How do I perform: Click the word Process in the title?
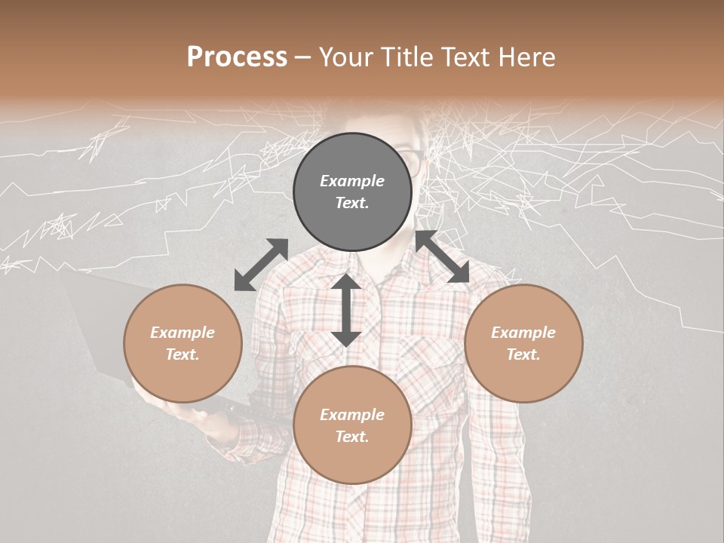coord(237,57)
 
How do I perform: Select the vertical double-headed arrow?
coord(345,310)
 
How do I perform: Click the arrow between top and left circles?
coord(261,265)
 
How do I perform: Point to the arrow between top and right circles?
coord(442,257)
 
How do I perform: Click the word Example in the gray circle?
coord(352,181)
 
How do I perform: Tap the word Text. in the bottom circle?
coord(352,437)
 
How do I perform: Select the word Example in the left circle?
coord(183,333)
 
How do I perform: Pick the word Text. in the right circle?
coord(523,354)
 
